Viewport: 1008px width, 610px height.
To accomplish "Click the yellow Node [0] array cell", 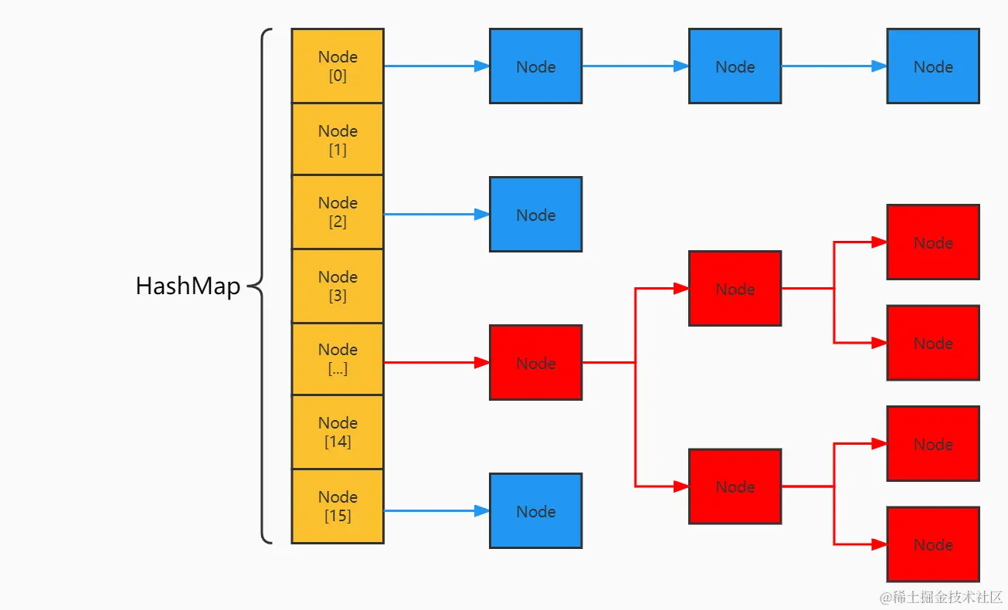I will coord(338,66).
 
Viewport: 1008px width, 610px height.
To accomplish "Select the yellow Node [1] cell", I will coord(338,140).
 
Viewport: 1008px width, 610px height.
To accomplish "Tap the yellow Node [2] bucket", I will coord(338,212).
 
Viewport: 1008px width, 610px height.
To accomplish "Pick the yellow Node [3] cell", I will coord(338,286).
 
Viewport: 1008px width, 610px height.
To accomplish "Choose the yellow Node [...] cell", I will coord(338,359).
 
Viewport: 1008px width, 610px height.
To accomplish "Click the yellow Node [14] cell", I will coord(338,432).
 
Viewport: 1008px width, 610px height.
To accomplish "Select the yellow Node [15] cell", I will coord(338,507).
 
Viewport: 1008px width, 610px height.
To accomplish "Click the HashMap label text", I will coord(188,286).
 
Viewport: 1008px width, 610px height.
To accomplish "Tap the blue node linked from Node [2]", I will coord(535,215).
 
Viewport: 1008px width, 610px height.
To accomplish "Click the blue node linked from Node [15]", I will coord(535,511).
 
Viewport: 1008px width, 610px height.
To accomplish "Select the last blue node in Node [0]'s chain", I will coord(933,66).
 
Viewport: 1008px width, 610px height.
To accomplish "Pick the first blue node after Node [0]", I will coord(535,66).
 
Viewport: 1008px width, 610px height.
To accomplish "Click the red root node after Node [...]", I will coord(535,363).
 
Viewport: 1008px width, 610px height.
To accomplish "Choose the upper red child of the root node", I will coord(735,289).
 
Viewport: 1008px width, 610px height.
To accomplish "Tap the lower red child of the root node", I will coord(735,486).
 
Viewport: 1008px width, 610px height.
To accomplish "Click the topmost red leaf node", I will coord(933,242).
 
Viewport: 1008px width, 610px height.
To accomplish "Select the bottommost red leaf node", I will coord(933,544).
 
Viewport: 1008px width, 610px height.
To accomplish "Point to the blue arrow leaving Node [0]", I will coord(436,66).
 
